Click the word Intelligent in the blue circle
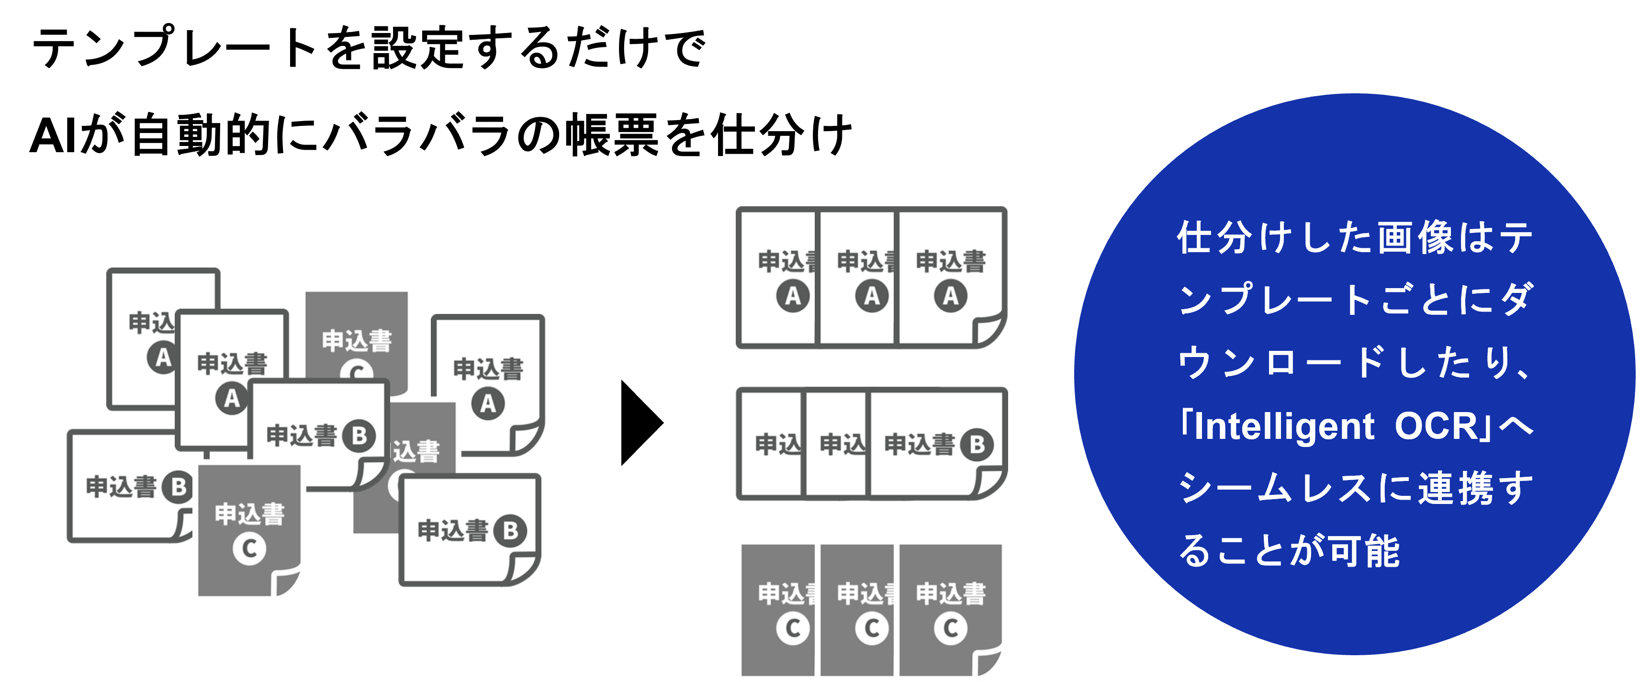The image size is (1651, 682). (x=1284, y=427)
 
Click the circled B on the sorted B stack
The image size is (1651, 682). (x=977, y=444)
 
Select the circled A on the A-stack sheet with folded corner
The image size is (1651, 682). (x=951, y=296)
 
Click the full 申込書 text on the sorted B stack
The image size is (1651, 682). (x=920, y=444)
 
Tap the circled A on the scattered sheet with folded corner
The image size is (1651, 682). (x=488, y=404)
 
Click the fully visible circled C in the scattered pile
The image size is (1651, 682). (x=249, y=548)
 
